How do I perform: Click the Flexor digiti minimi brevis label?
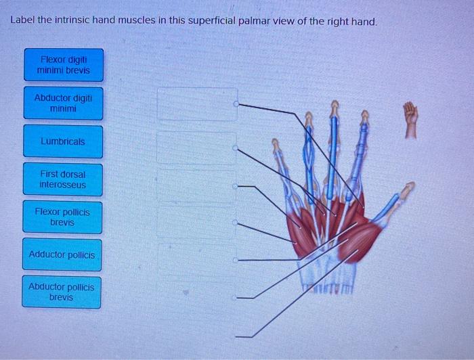coord(64,65)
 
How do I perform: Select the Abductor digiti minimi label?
coord(64,103)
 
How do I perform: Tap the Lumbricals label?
coord(63,141)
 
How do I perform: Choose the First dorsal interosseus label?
coord(63,179)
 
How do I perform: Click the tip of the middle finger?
coord(335,104)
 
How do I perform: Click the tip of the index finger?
coord(364,112)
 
